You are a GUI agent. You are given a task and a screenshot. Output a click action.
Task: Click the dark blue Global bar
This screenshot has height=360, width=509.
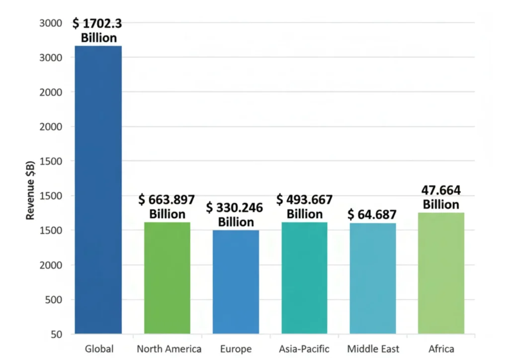tap(98, 189)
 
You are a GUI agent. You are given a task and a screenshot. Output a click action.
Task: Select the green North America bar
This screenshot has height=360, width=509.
tap(167, 277)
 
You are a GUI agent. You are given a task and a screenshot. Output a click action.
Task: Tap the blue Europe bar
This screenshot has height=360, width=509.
tap(236, 281)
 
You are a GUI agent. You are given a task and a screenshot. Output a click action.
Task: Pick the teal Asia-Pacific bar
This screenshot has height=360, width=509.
tap(304, 277)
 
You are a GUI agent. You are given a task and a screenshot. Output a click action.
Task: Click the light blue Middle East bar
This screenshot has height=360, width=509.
tap(373, 278)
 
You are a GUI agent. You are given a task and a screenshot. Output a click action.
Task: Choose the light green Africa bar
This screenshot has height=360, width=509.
tap(441, 273)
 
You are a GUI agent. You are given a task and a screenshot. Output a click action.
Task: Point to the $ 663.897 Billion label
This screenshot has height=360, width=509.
tap(168, 206)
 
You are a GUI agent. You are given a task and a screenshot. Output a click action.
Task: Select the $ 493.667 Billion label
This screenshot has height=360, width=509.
tap(304, 206)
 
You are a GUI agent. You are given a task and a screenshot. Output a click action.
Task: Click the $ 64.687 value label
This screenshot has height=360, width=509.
tap(372, 215)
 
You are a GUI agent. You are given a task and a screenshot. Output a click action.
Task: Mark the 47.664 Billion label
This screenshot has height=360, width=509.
tap(441, 197)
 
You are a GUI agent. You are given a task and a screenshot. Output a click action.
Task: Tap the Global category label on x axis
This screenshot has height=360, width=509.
tap(99, 349)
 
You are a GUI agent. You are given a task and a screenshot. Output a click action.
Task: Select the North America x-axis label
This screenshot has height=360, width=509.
tap(169, 349)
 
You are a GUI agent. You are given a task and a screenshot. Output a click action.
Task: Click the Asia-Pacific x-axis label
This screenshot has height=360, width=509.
tap(304, 349)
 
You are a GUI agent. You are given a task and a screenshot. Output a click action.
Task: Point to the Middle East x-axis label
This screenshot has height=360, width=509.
tap(373, 349)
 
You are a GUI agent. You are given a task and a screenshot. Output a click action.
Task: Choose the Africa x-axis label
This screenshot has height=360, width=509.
tap(441, 349)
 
